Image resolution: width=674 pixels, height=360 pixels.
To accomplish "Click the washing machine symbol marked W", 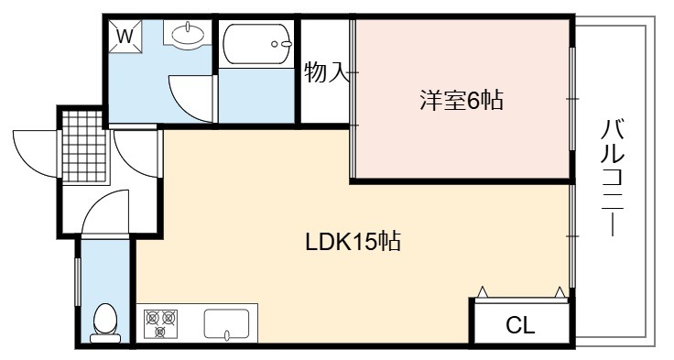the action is click(125, 36).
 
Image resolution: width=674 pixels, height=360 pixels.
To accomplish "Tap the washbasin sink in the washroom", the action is click(188, 34).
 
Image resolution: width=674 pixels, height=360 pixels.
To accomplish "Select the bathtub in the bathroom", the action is click(256, 43).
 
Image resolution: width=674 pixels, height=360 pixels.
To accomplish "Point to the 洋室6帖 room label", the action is click(462, 100).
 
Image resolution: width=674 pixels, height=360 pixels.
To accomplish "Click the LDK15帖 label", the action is click(353, 241).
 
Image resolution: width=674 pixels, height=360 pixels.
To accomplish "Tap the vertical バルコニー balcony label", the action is click(612, 178).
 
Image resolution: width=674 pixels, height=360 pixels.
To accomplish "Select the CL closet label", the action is click(520, 325).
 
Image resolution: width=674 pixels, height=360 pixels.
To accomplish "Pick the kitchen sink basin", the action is click(226, 323).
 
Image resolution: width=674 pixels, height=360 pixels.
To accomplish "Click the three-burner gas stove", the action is click(160, 323).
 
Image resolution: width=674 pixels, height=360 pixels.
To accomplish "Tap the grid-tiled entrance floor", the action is click(84, 147).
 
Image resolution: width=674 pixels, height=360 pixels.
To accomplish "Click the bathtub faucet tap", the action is click(281, 44).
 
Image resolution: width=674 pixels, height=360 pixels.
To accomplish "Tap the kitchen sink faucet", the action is click(226, 333).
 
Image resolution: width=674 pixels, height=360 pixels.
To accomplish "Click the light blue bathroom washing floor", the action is click(256, 95).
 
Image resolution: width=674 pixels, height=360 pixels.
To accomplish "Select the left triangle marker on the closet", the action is click(483, 292).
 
